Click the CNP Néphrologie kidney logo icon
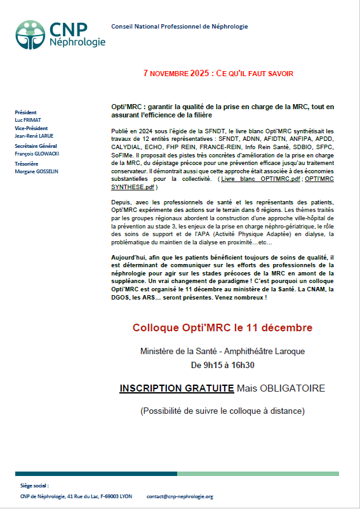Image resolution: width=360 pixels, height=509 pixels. tap(30, 35)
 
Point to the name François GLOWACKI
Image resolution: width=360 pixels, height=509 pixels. tap(39, 153)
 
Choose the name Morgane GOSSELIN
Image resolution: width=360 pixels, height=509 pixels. tap(37, 171)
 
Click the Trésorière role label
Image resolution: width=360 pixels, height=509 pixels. tap(27, 163)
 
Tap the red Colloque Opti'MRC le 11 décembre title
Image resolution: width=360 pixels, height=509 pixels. tap(222, 327)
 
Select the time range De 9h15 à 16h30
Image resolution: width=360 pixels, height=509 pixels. tap(222, 365)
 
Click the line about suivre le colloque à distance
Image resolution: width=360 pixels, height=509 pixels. tap(222, 411)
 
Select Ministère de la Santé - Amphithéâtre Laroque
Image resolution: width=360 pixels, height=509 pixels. tap(222, 351)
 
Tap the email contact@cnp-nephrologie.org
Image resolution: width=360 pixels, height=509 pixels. tap(180, 496)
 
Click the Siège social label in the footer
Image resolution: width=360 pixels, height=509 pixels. tap(35, 486)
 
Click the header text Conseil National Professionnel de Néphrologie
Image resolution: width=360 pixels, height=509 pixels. tap(179, 27)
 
